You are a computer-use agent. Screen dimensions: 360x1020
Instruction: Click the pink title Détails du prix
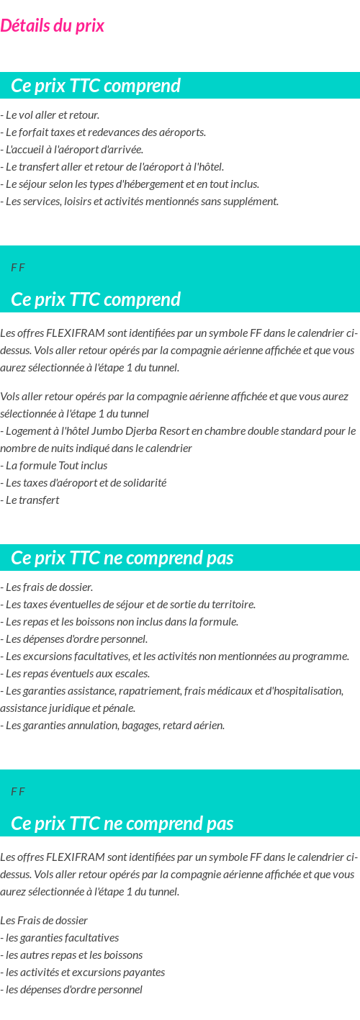point(52,26)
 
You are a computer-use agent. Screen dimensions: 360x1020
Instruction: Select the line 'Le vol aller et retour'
point(50,115)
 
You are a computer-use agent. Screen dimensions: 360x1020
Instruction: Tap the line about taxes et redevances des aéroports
point(104,132)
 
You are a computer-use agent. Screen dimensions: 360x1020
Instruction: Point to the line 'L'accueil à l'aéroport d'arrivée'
point(72,150)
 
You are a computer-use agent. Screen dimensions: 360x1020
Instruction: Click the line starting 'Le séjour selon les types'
point(130,184)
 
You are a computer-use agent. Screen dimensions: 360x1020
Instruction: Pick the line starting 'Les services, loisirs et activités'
point(140,202)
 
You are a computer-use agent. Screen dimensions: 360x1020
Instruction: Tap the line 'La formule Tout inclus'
point(54,466)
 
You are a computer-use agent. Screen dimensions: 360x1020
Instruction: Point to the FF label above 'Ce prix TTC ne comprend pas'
point(18,792)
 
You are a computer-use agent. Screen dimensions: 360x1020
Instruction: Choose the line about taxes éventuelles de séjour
point(128,605)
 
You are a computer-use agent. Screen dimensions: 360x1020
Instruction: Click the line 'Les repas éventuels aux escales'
point(76,674)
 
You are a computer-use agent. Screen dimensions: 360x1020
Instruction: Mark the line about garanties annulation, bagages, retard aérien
point(113,726)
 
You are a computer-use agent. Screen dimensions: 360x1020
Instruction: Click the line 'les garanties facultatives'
point(60,938)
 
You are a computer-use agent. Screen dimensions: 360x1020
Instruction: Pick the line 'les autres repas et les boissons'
point(71,955)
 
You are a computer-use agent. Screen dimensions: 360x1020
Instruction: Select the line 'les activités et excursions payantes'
point(83,972)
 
